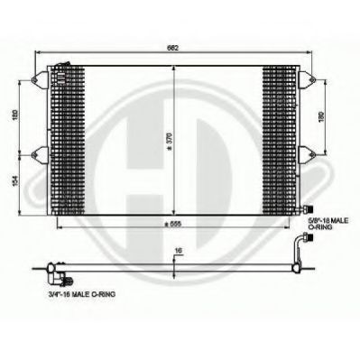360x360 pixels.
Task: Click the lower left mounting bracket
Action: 39,151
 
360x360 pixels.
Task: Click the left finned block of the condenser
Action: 62,135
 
